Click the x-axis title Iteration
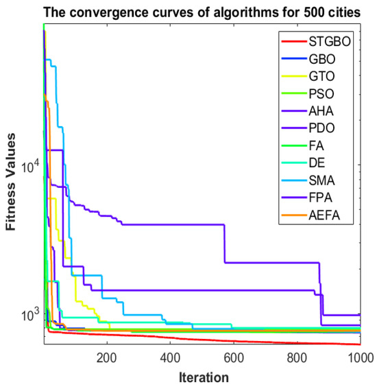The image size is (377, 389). point(202,376)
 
